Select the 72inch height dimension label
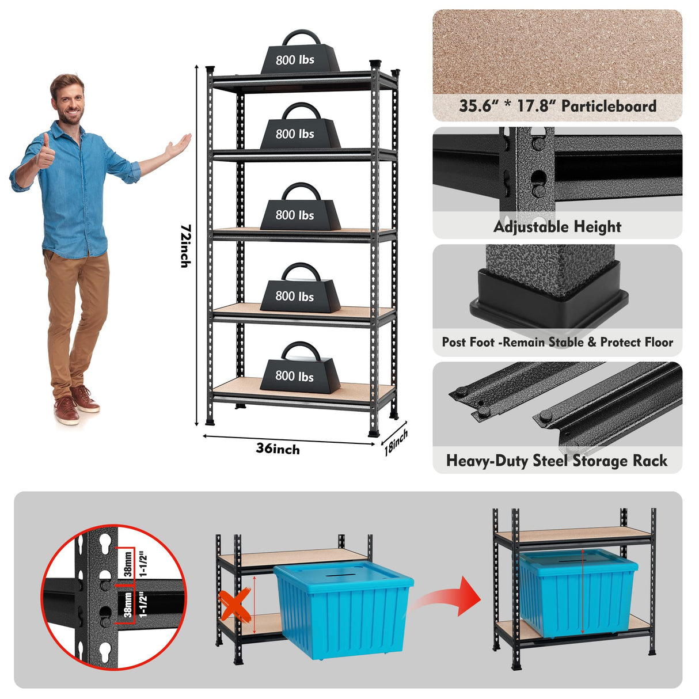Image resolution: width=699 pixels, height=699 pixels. [x=185, y=246]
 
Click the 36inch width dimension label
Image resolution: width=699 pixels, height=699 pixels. [x=278, y=449]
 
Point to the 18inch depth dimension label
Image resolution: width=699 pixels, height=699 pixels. [x=396, y=442]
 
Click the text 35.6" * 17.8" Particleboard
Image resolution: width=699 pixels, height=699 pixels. [x=557, y=106]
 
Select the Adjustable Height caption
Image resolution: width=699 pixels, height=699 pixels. [x=557, y=227]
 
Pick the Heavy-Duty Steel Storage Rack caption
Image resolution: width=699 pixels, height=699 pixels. [x=557, y=461]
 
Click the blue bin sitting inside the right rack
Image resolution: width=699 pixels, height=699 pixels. [x=578, y=593]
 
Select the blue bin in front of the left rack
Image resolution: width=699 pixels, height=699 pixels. [x=343, y=610]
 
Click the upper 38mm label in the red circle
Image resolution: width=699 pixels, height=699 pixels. [x=128, y=563]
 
